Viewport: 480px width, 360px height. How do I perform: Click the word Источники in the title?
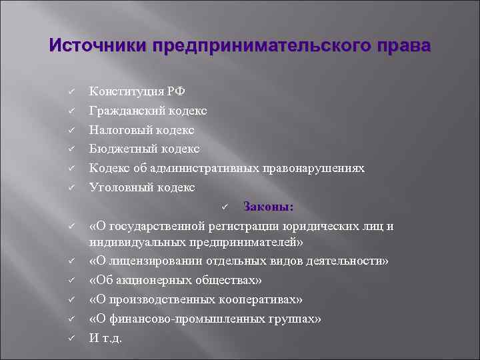97,47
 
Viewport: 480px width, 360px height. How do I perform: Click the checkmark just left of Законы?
226,207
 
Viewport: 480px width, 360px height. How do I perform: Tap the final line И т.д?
106,337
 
